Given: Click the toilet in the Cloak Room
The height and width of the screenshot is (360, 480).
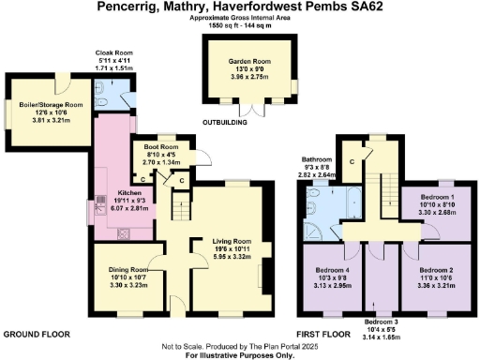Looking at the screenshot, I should click(x=112, y=82).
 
